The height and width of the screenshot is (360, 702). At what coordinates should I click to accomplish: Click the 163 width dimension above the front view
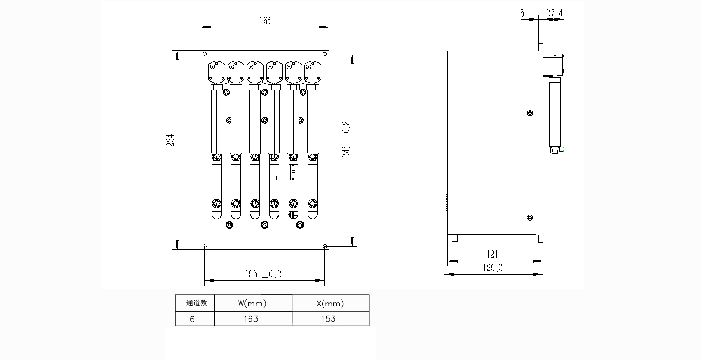265,20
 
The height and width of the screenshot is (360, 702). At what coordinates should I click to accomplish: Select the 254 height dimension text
170,140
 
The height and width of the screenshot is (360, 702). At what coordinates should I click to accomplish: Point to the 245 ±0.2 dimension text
346,139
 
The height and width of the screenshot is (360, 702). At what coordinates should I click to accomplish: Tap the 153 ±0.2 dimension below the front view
263,274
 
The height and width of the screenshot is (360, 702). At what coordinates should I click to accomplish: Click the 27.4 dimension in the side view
554,13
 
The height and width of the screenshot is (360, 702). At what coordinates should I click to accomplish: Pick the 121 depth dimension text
492,254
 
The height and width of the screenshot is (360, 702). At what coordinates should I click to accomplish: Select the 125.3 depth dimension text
493,268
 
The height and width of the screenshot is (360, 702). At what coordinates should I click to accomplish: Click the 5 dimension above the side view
522,13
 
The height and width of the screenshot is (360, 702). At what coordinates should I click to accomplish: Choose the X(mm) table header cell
331,303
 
